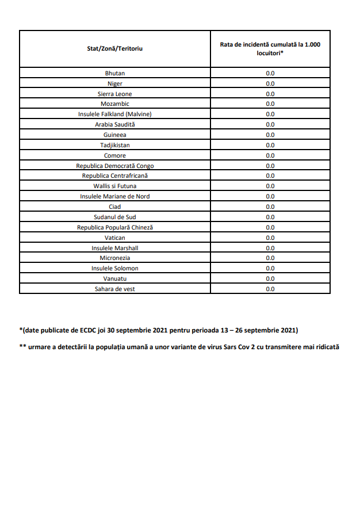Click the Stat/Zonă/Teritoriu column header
click(x=114, y=48)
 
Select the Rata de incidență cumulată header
click(x=270, y=48)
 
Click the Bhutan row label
click(x=114, y=73)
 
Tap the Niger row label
click(x=114, y=83)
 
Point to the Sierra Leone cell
click(x=114, y=94)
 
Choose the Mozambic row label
click(x=114, y=104)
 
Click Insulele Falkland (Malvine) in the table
click(x=114, y=114)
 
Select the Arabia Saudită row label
click(x=114, y=124)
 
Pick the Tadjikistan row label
click(x=114, y=145)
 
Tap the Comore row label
click(x=114, y=155)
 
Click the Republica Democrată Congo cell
click(x=114, y=166)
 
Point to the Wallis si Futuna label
click(x=114, y=186)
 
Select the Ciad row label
click(x=114, y=207)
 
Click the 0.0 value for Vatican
click(x=270, y=238)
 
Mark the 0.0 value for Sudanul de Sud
click(x=270, y=217)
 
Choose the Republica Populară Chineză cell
click(x=114, y=227)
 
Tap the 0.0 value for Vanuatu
click(x=270, y=278)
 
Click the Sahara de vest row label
click(x=114, y=289)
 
